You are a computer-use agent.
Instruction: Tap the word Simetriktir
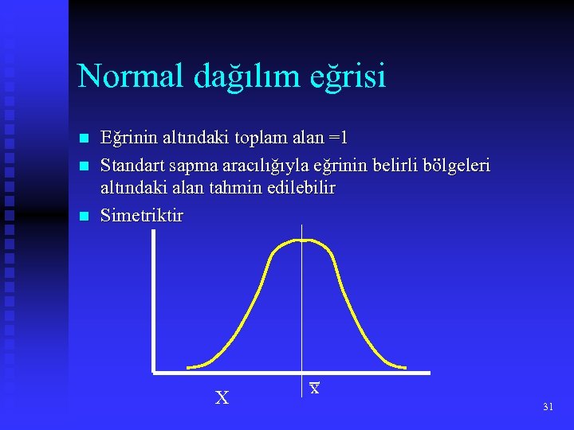pyautogui.click(x=142, y=216)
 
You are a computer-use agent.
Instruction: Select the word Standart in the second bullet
pyautogui.click(x=130, y=165)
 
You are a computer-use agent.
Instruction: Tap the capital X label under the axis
pyautogui.click(x=222, y=397)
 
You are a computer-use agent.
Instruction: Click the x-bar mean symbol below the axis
pyautogui.click(x=315, y=389)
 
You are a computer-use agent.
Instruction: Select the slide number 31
pyautogui.click(x=547, y=407)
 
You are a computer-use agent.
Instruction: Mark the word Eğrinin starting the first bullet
pyautogui.click(x=131, y=138)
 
